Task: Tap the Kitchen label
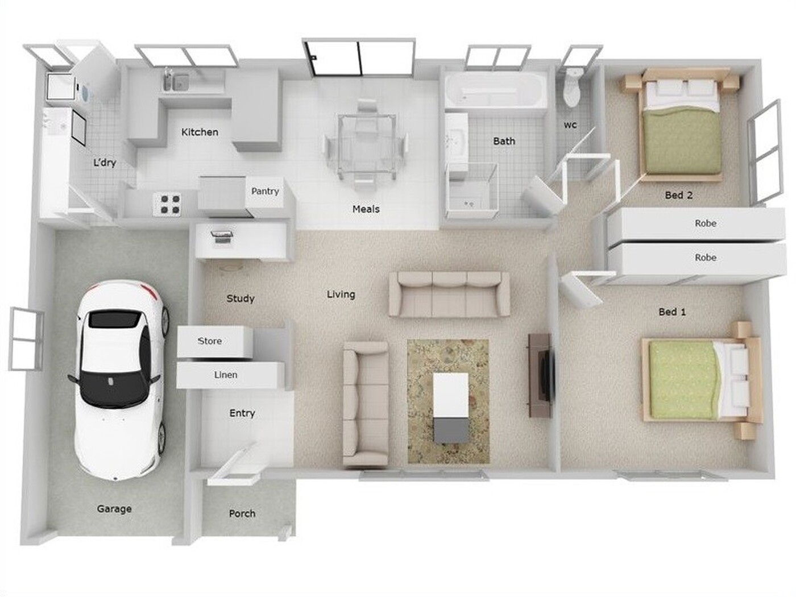click(x=200, y=132)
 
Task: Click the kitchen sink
click(x=176, y=82)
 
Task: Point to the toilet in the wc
click(x=573, y=88)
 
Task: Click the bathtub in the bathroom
click(x=496, y=89)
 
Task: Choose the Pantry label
click(x=265, y=191)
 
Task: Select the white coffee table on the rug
click(x=451, y=408)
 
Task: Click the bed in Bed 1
click(x=702, y=380)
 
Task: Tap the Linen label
click(x=226, y=375)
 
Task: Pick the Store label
click(x=210, y=341)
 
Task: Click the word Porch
click(x=242, y=513)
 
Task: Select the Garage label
click(x=114, y=509)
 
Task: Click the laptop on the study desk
click(x=222, y=237)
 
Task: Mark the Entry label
click(x=242, y=413)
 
